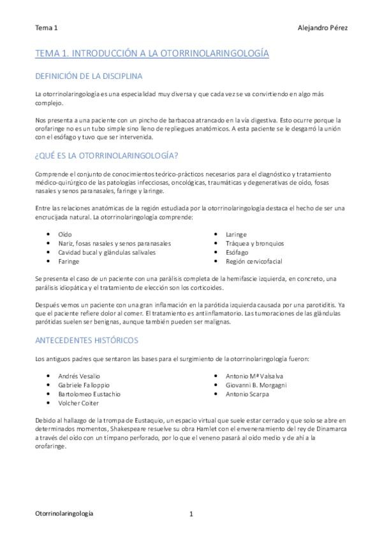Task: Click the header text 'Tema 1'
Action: pyautogui.click(x=46, y=28)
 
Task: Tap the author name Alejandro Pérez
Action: pyautogui.click(x=322, y=28)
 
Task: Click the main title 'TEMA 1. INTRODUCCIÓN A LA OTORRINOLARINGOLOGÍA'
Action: pyautogui.click(x=152, y=55)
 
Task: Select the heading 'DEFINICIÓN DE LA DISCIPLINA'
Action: pyautogui.click(x=89, y=77)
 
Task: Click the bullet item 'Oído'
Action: pyautogui.click(x=64, y=234)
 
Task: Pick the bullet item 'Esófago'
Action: pyautogui.click(x=237, y=252)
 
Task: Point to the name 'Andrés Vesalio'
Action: pyautogui.click(x=78, y=376)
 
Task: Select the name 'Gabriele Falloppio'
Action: pyautogui.click(x=84, y=385)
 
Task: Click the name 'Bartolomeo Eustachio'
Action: pyautogui.click(x=89, y=394)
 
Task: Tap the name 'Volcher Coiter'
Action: pyautogui.click(x=79, y=403)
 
